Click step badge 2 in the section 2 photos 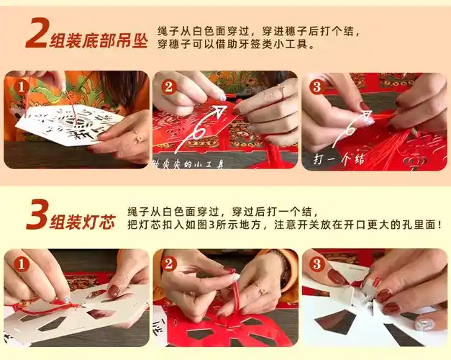168,87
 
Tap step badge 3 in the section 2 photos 316,87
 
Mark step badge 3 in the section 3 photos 316,264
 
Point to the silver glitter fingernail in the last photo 426,325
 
